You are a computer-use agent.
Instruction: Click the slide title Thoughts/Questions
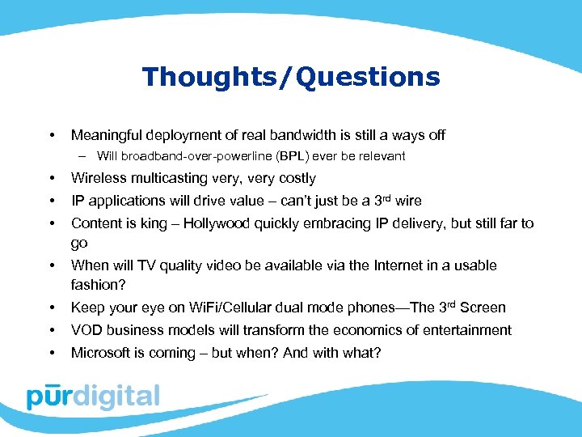(291, 77)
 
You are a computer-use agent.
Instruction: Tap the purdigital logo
(93, 397)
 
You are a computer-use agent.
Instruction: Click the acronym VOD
(86, 330)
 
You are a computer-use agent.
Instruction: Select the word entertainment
(466, 330)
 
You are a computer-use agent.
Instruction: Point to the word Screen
(483, 308)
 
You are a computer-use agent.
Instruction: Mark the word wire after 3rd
(407, 201)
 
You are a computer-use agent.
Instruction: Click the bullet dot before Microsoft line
(51, 353)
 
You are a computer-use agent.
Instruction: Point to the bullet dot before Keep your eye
(51, 308)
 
